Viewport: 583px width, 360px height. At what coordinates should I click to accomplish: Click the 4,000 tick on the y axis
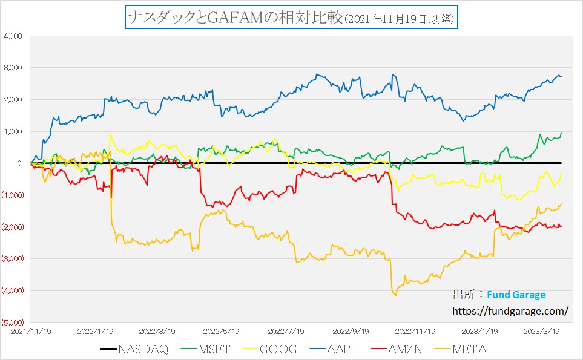tap(13, 36)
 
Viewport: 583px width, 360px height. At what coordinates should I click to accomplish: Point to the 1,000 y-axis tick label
tap(13, 131)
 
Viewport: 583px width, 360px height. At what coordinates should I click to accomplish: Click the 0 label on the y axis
tap(19, 163)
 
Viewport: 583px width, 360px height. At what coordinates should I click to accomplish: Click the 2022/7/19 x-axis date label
tap(286, 331)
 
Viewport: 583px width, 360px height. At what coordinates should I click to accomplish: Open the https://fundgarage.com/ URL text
tap(510, 311)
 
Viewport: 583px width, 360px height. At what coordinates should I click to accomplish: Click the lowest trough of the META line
tap(395, 295)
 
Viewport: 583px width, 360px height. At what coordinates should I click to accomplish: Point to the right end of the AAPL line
tap(561, 76)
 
